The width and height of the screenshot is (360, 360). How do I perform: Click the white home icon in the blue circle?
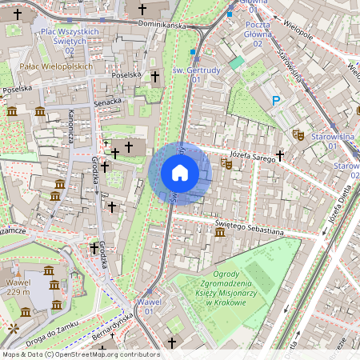tap(180, 173)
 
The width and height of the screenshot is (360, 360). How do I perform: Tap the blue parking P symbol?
tap(277, 101)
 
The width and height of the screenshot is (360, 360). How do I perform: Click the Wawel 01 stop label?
tap(150, 306)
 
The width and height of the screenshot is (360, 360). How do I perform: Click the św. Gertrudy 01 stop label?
tap(197, 75)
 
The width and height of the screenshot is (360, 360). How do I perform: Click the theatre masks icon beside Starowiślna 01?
tap(298, 135)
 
